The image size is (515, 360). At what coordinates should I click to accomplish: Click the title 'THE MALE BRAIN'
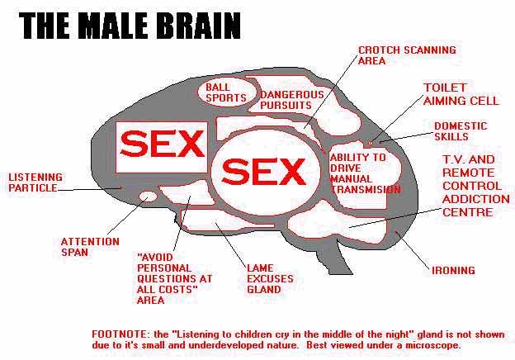point(130,26)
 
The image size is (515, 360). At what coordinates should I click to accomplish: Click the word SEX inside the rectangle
point(161,146)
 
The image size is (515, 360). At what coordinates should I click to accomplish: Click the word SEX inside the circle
point(264,172)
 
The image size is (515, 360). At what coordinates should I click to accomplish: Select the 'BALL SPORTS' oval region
point(225,92)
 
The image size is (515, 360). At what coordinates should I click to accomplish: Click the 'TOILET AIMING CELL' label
point(461,94)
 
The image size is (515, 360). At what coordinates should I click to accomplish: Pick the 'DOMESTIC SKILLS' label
point(460,131)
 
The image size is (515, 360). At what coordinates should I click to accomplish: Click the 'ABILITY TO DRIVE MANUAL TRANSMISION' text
point(364,173)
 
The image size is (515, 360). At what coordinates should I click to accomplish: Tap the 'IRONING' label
point(453,270)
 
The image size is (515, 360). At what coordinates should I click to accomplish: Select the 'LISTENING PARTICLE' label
point(33,182)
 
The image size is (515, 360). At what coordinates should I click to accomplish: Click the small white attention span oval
point(148,197)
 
